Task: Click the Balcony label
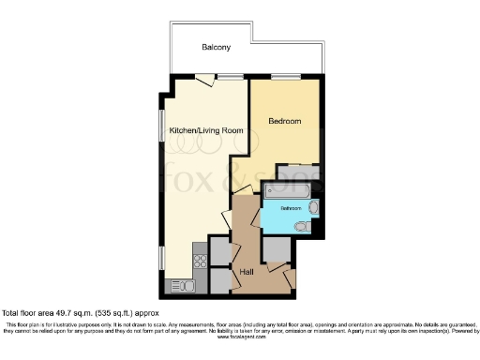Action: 216,47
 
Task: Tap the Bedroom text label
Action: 284,122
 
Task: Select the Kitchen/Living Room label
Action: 199,130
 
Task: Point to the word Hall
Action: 247,272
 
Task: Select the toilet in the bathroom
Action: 302,226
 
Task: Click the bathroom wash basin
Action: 314,207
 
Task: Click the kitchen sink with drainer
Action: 179,285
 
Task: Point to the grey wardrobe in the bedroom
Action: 305,172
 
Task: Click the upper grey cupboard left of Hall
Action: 219,250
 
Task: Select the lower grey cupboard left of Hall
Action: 219,279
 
